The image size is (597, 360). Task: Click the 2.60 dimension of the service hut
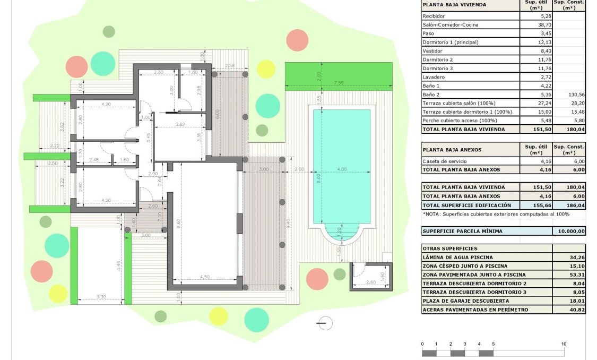(x=371, y=282)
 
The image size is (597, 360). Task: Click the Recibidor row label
(x=434, y=16)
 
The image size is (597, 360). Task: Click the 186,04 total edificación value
(x=576, y=205)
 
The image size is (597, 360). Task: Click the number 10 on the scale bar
(x=564, y=344)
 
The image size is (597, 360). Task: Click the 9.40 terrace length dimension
(x=288, y=223)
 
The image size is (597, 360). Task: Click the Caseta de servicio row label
(x=444, y=161)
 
